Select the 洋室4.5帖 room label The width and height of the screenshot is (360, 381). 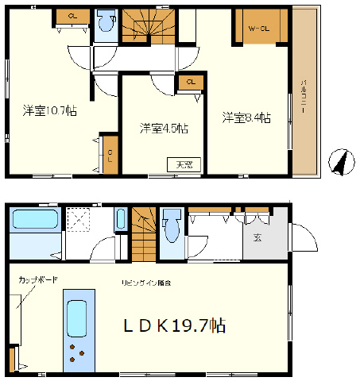[x=165, y=128]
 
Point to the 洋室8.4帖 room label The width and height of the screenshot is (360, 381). [x=247, y=118]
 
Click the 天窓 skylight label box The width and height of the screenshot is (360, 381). [x=184, y=164]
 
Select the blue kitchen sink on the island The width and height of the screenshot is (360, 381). [x=77, y=318]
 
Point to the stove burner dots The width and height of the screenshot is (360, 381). [x=77, y=352]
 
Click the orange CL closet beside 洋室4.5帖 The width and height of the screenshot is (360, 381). [x=190, y=83]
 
